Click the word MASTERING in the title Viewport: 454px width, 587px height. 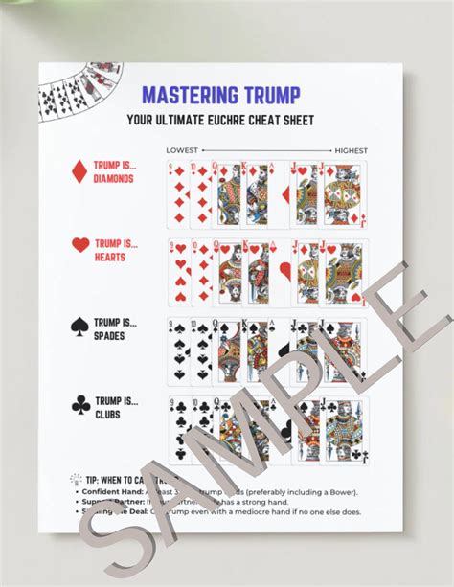point(187,95)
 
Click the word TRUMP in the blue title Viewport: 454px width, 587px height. point(266,95)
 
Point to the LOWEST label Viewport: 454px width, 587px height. point(182,150)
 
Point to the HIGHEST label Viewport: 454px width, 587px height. point(350,150)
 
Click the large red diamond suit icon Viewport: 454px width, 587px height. point(80,171)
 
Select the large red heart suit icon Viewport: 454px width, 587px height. point(80,245)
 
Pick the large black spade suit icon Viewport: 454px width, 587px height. point(80,327)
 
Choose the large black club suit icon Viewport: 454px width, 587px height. point(80,405)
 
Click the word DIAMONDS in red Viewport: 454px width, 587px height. point(114,178)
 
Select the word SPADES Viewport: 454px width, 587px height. point(110,336)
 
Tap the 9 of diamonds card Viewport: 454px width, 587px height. point(177,194)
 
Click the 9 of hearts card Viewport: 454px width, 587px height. point(177,271)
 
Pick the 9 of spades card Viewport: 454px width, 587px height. point(177,351)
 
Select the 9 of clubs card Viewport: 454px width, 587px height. point(177,430)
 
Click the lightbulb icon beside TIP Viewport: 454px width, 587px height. point(76,476)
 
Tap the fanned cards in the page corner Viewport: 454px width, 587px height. point(70,93)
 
